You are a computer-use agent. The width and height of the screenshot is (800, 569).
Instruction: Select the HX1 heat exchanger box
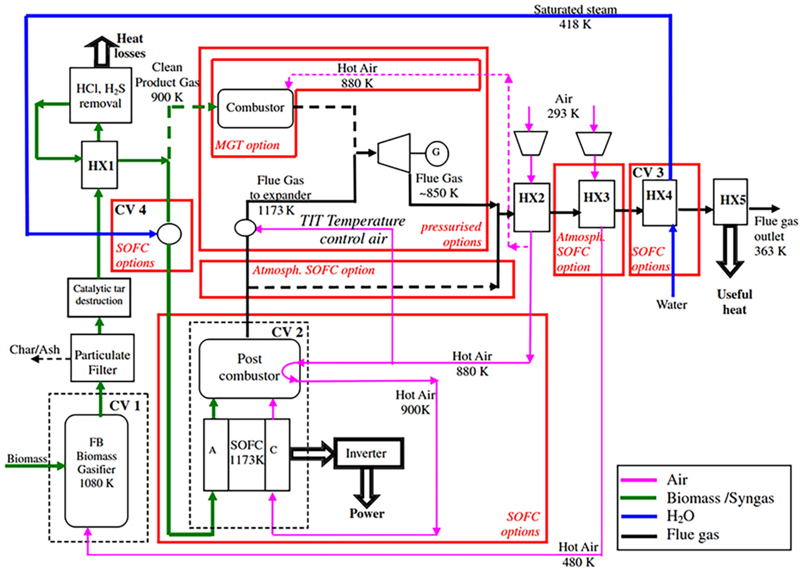click(x=100, y=165)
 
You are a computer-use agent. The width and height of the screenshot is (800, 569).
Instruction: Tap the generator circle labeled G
click(x=436, y=153)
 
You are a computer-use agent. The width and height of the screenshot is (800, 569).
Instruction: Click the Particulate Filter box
click(x=102, y=358)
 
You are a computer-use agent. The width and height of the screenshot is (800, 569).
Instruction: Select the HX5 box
click(x=730, y=201)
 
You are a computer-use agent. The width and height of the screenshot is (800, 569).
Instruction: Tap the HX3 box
click(x=596, y=203)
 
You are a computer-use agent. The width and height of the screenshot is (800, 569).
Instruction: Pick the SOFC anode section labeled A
click(x=216, y=454)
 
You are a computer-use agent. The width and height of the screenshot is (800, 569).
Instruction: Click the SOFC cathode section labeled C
click(x=277, y=454)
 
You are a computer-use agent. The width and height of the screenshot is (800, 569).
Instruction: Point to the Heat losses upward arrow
click(x=101, y=51)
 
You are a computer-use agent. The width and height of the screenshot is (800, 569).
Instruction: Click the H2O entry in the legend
click(x=680, y=516)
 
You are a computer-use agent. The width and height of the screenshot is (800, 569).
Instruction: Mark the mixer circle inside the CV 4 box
click(x=169, y=234)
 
